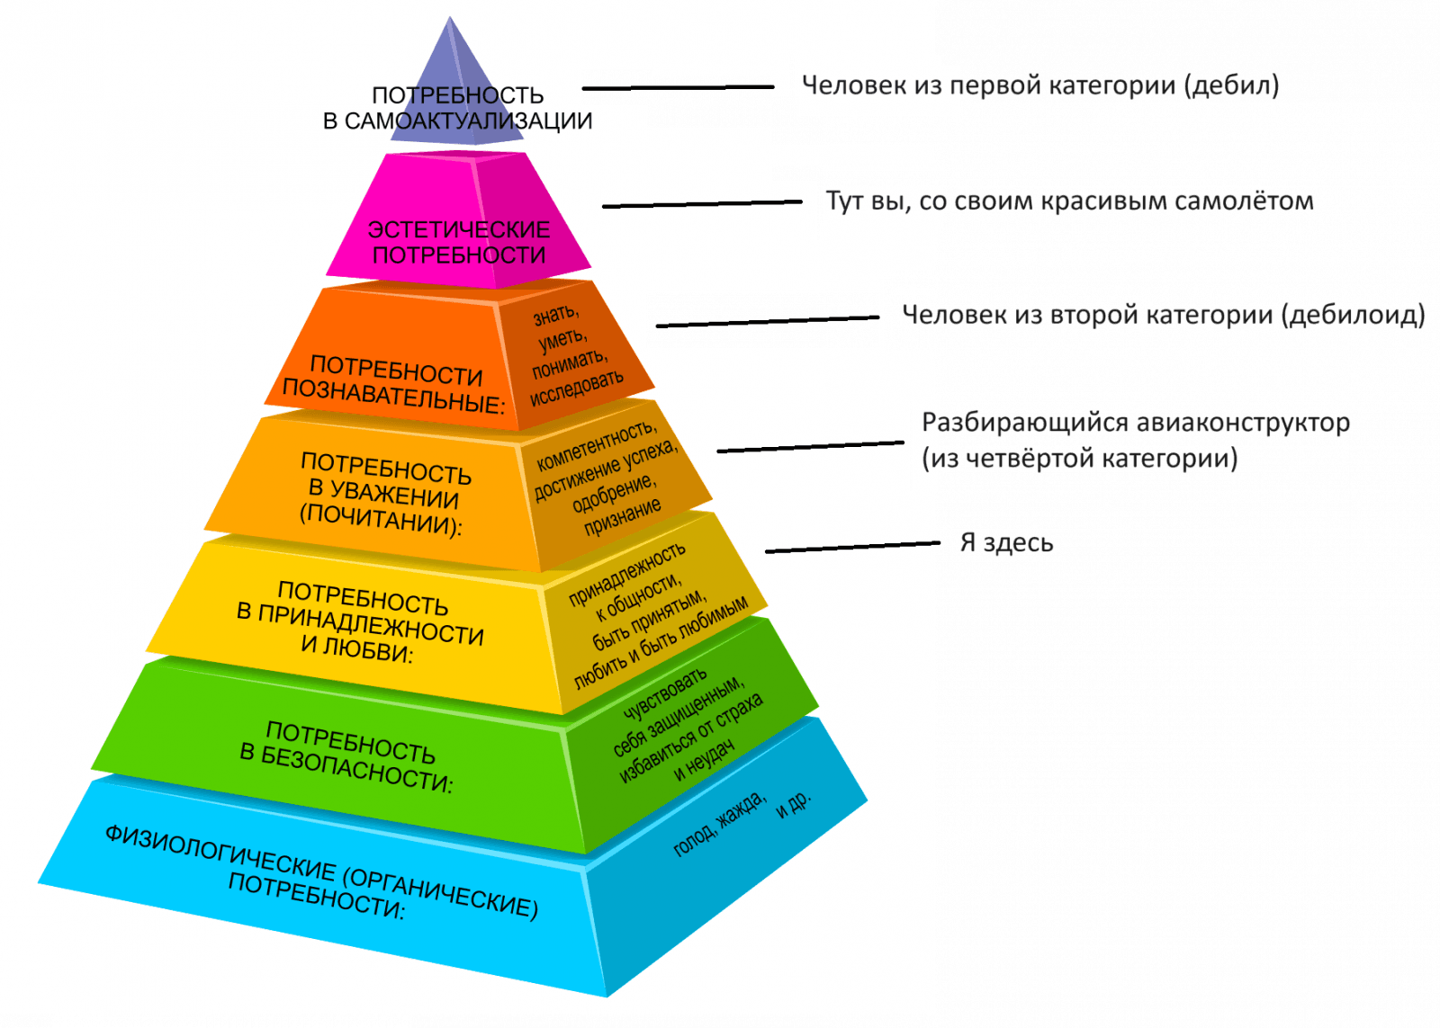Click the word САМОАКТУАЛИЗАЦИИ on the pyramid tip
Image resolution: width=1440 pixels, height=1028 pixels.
coord(468,121)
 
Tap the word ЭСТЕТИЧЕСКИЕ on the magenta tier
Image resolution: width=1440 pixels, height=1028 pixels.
coord(459,230)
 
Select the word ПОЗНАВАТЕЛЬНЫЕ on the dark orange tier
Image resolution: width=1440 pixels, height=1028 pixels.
coord(392,396)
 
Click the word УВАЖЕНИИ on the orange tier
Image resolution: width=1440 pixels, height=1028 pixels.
coord(383,494)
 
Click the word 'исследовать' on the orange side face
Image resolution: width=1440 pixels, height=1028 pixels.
coord(576,388)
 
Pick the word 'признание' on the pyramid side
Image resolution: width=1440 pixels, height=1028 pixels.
coord(622,517)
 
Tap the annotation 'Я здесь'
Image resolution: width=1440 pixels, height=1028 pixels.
coord(1007,543)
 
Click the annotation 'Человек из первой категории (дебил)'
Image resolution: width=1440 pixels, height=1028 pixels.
coord(1039,86)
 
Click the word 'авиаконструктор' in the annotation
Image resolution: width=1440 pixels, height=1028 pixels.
coord(1242,423)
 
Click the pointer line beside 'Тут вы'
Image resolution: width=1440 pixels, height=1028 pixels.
coord(702,204)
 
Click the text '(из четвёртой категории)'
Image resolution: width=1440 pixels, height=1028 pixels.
coord(1080,459)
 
